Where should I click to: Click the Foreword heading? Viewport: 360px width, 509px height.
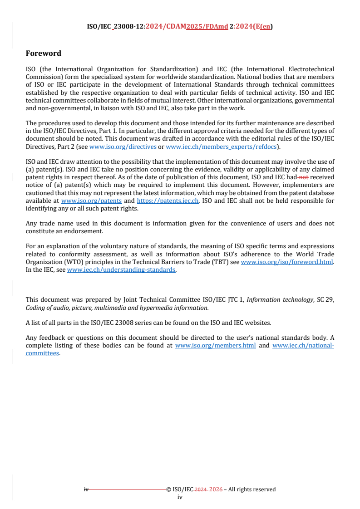[x=44, y=54]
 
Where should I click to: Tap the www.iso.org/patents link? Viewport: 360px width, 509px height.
[x=91, y=201]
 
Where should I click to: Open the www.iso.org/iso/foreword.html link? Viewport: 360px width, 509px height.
[x=287, y=262]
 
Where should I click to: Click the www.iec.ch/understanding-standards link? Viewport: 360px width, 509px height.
[x=121, y=270]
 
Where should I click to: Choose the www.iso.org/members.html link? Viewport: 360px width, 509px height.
[x=215, y=345]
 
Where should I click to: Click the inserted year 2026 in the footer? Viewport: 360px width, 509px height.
[x=216, y=489]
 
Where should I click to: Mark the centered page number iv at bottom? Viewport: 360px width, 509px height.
[x=180, y=497]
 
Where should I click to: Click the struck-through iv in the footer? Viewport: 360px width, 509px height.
[x=86, y=489]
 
